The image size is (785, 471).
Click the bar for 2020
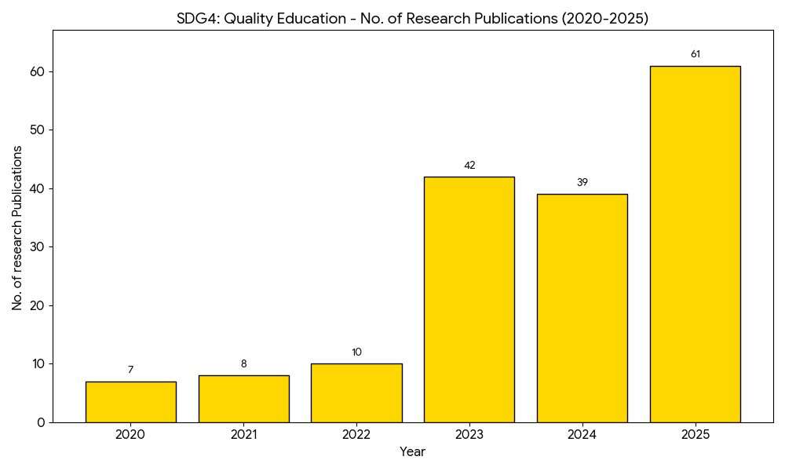[130, 402]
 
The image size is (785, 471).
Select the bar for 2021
[243, 399]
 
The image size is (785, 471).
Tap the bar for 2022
[356, 392]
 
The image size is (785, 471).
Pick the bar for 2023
[469, 299]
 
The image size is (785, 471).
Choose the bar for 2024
[582, 308]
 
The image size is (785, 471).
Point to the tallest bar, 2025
[695, 244]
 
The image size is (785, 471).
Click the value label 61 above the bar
[695, 54]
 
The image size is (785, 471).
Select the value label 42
[469, 166]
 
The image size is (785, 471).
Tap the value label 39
[582, 183]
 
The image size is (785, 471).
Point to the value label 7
[130, 370]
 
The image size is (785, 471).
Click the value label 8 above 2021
[243, 364]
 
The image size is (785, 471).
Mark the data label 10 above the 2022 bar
[356, 352]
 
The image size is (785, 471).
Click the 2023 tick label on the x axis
[469, 434]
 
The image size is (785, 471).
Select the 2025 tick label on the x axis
[695, 434]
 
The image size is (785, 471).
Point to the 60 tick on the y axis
[38, 71]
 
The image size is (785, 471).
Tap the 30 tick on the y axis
[38, 247]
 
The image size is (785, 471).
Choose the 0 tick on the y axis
[41, 422]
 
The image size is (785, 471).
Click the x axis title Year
[412, 452]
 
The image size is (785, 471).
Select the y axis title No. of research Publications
[17, 228]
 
